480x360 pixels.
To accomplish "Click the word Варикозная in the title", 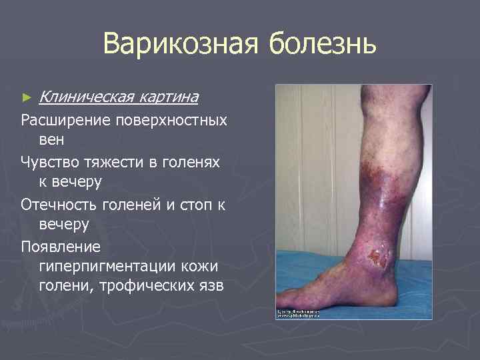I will point(181,45).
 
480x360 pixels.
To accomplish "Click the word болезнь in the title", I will point(323,45).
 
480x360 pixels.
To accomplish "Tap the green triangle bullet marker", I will point(27,98).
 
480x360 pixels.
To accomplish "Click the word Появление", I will point(61,247).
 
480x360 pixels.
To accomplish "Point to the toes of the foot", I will point(288,296).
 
